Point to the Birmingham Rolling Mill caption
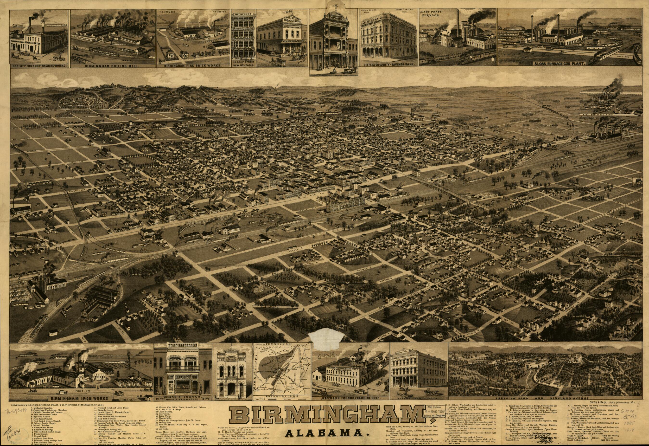click(112, 66)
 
